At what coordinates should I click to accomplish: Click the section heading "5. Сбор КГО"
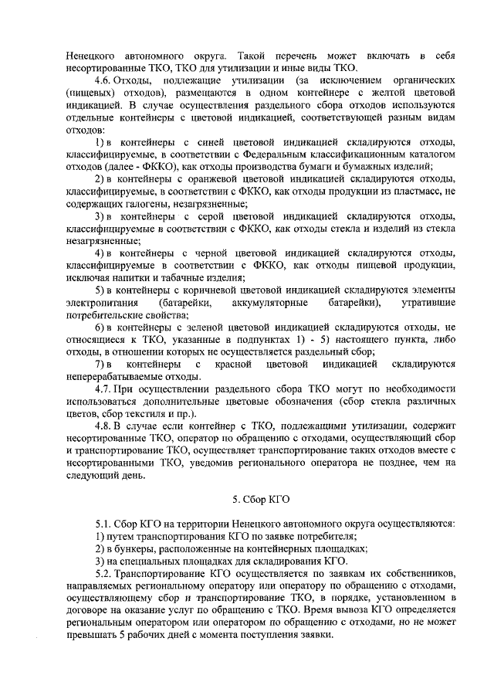coord(260,499)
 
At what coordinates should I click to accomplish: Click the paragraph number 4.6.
coord(102,81)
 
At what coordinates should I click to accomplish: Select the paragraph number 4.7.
coord(102,387)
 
